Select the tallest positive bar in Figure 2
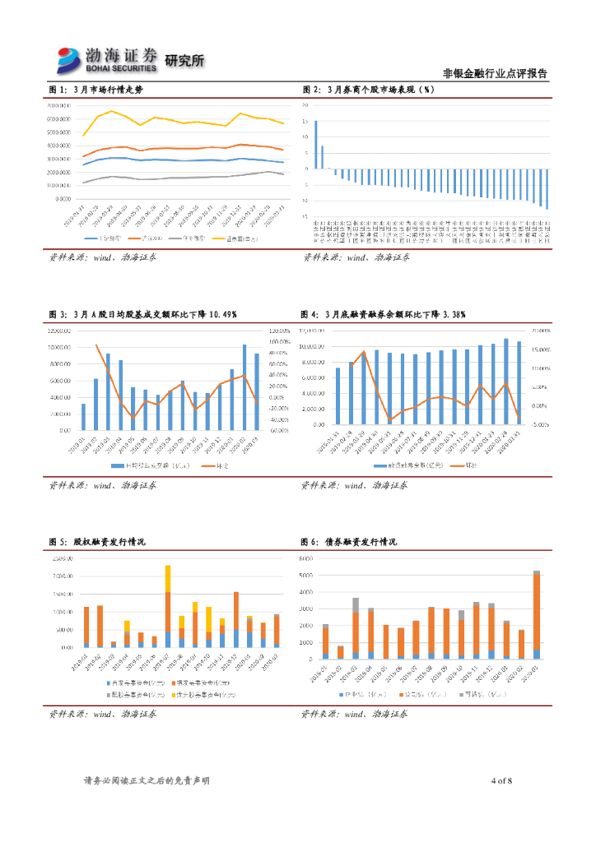coord(315,145)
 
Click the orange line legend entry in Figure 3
coord(217,465)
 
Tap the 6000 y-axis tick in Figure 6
coord(305,558)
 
